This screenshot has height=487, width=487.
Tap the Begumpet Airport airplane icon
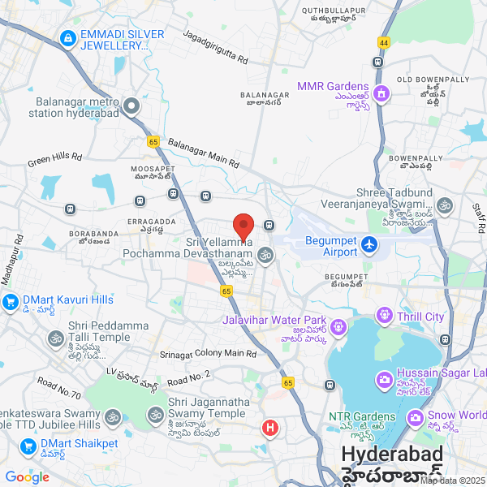pos(368,243)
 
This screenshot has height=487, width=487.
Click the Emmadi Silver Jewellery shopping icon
pos(67,37)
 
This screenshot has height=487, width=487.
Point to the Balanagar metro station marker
pos(131,106)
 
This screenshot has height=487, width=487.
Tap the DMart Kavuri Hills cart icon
pos(11,303)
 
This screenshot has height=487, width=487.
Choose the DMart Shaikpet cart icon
pos(28,446)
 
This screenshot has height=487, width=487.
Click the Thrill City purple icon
pos(384,315)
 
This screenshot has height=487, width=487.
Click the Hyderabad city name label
pos(391,455)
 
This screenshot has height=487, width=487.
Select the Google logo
pos(27,477)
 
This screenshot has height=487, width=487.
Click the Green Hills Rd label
pos(54,157)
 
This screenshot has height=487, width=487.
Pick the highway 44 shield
pos(384,41)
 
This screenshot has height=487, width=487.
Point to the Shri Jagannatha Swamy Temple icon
pos(155,415)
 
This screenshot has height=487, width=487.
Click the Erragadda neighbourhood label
pos(151,221)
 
